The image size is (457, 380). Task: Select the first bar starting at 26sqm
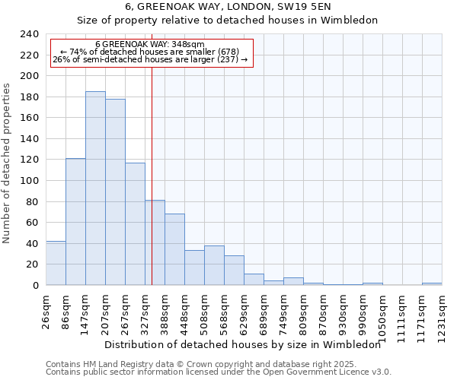(x=56, y=263)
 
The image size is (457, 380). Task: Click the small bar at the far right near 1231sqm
(x=432, y=283)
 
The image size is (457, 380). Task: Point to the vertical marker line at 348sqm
(x=152, y=152)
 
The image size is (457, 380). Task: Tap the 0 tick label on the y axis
(x=35, y=285)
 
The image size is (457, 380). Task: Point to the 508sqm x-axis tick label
(x=204, y=309)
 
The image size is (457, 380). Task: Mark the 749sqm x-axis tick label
(x=283, y=309)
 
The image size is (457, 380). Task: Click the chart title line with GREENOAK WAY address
(x=228, y=6)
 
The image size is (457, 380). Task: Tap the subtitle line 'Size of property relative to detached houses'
(x=228, y=21)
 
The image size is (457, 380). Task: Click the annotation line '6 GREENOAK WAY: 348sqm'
(x=150, y=45)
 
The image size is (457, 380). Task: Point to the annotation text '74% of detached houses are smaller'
(x=150, y=52)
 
